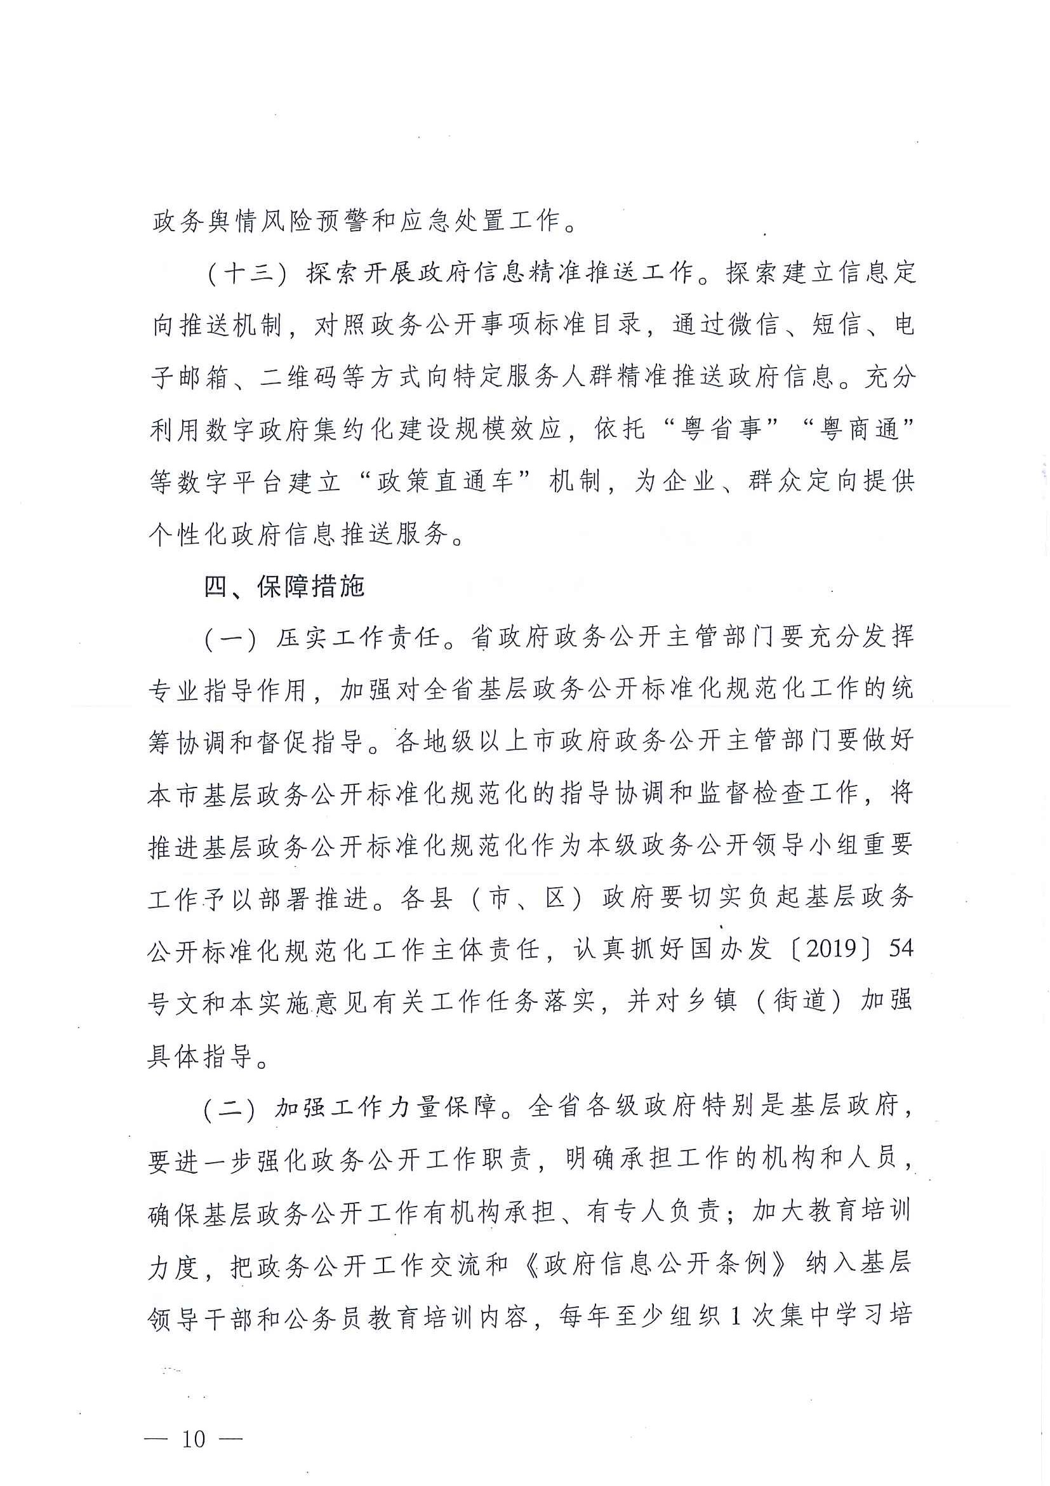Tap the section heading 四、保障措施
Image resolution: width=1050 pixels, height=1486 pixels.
284,586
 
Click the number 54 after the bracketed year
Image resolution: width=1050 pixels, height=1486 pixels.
901,949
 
